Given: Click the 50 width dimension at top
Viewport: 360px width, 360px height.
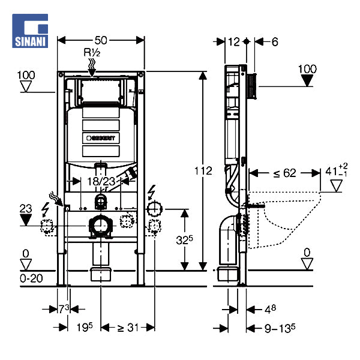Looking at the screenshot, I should coord(101,40).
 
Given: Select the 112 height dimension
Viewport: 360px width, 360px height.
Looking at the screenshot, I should coord(203,171).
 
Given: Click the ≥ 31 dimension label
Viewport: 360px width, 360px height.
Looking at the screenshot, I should coord(128,327).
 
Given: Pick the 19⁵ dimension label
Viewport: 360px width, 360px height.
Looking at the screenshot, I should coord(83,327).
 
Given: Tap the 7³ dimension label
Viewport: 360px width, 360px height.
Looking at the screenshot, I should coord(62,308).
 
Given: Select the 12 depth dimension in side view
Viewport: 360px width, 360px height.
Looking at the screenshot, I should coord(233,41).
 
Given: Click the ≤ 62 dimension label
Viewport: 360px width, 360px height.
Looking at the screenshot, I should coord(284,173).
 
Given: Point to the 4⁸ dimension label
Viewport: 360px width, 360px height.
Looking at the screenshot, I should coord(270,310).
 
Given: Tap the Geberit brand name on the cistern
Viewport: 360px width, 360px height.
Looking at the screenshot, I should coord(103,137).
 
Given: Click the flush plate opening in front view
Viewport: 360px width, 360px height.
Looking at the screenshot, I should coord(101,91).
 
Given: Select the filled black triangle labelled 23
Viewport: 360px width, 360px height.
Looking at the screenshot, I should coord(25,219).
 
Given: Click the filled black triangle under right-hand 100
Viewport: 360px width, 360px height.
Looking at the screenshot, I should coord(307,81).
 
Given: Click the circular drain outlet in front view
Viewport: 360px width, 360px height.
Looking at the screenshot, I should coord(101,226).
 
